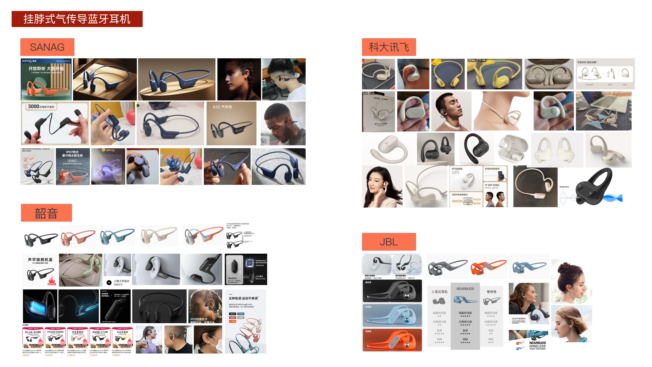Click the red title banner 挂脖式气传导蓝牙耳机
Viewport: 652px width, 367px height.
click(x=77, y=19)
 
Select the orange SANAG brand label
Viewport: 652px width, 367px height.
click(x=47, y=47)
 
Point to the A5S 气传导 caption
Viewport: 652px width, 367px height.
click(x=222, y=107)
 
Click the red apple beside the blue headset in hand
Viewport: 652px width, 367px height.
click(x=131, y=116)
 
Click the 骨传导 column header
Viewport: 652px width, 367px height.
click(x=491, y=292)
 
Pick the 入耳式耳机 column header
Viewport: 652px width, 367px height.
click(x=439, y=292)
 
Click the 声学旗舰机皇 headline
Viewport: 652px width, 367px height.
click(x=40, y=260)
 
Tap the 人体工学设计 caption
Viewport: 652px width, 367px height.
click(x=121, y=281)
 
